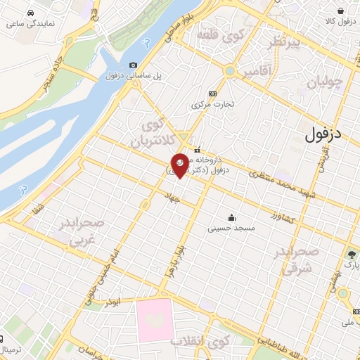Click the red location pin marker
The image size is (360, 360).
(179, 165)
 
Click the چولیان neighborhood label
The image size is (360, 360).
(326, 82)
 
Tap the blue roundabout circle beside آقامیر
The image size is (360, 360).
(230, 71)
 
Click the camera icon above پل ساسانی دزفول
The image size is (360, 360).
(134, 65)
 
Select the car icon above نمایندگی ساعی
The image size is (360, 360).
(30, 13)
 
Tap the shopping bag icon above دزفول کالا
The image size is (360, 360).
(340, 11)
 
